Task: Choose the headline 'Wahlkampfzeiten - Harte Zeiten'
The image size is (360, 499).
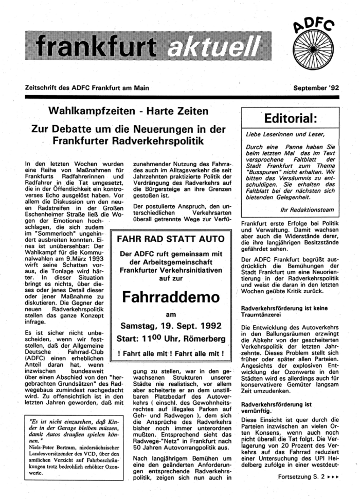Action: coord(129,112)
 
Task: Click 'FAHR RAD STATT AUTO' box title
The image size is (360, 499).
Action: coord(171,240)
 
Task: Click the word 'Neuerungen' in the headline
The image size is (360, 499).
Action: coord(179,127)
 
